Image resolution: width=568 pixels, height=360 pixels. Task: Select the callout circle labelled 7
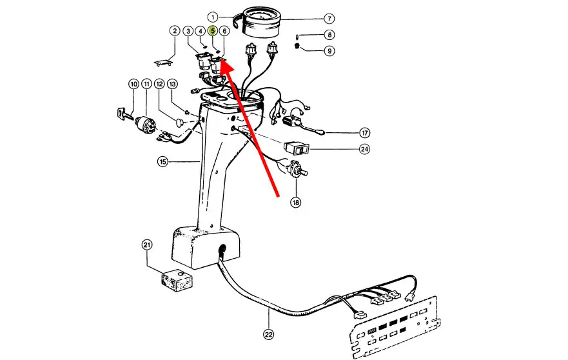click(329, 18)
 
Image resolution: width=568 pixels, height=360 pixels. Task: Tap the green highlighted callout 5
click(213, 30)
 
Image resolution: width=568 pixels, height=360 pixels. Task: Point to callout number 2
click(174, 30)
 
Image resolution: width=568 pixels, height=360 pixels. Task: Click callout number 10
click(133, 84)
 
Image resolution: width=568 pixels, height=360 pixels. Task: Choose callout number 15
click(162, 161)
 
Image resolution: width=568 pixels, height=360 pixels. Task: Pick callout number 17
click(365, 133)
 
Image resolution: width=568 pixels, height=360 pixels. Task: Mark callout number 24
click(365, 149)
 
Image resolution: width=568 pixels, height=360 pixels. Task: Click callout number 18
click(295, 203)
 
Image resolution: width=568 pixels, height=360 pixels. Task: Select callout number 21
click(148, 245)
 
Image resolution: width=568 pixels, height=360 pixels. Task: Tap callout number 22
click(268, 334)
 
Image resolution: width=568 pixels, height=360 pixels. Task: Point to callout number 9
click(329, 51)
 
